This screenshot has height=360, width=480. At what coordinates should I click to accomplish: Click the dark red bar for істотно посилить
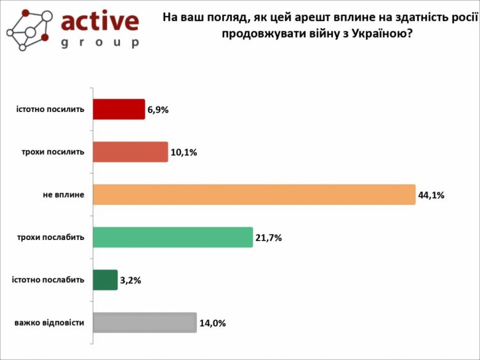point(119,109)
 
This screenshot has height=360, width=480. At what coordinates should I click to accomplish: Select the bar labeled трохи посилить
point(130,152)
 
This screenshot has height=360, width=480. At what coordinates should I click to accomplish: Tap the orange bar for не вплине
point(254,194)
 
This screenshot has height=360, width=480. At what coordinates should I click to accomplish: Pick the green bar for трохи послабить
point(173,238)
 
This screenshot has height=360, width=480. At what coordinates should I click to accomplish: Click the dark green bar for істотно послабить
point(105,280)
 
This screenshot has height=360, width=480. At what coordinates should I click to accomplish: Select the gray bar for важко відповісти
point(145,322)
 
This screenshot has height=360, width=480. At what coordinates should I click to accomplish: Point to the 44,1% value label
point(431,195)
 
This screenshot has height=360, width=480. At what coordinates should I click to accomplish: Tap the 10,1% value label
point(183,153)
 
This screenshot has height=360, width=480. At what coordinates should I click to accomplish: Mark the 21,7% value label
point(269,238)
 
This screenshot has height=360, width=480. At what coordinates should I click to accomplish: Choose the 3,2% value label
point(131,281)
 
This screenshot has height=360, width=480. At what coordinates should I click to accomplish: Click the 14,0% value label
point(212,323)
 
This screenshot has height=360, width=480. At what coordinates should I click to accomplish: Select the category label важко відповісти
point(49,322)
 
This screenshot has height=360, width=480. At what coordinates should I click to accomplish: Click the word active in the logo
point(100,22)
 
